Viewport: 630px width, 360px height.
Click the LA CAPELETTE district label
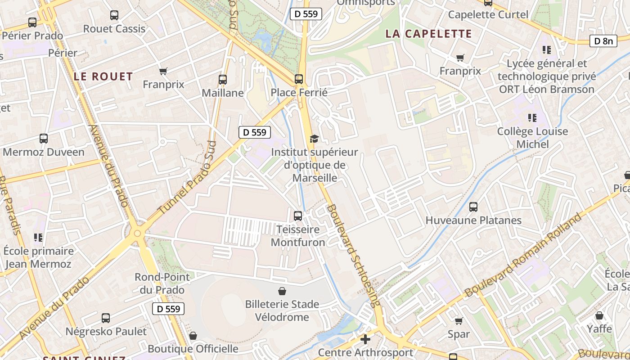tap(428, 34)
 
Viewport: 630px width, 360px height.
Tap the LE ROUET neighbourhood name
tap(103, 76)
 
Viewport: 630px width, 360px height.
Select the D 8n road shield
tap(603, 41)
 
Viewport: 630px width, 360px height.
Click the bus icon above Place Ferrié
tap(299, 79)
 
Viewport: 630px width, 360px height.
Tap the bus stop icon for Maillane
tap(222, 80)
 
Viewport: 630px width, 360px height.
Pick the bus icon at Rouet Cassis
tap(114, 15)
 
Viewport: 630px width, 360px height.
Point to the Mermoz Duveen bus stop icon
tap(44, 139)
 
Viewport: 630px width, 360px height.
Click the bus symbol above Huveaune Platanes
tap(473, 207)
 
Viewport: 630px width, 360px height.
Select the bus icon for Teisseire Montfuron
tap(298, 216)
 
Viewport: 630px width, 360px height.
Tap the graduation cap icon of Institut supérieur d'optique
tap(314, 139)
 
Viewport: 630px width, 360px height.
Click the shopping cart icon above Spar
tap(459, 321)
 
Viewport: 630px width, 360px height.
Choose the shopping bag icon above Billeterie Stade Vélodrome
tap(282, 291)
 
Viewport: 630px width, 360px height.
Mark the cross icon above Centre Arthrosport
tap(365, 339)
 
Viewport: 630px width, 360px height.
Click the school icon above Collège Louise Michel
tap(532, 118)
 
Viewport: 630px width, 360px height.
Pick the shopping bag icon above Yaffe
tap(599, 316)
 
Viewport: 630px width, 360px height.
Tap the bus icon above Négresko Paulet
tap(106, 318)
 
